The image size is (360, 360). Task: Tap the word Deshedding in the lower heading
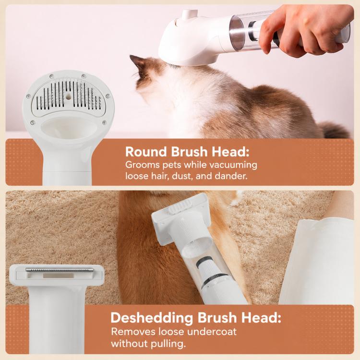click(x=152, y=318)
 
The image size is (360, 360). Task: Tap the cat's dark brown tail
click(x=335, y=131)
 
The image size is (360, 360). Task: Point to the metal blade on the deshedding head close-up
click(x=60, y=270)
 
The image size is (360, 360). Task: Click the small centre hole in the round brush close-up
click(x=68, y=97)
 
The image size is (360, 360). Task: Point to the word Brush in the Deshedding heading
click(x=217, y=318)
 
